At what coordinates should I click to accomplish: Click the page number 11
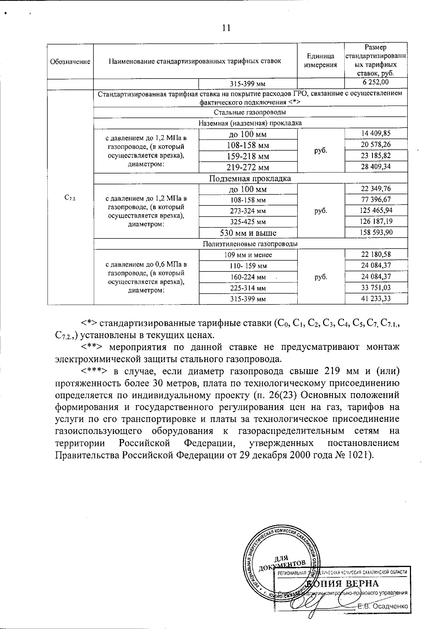click(x=226, y=28)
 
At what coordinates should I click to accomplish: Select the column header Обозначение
click(x=70, y=62)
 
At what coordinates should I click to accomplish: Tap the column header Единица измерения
click(x=320, y=61)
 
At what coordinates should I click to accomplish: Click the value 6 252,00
click(x=376, y=82)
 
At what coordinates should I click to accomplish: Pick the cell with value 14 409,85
click(x=376, y=134)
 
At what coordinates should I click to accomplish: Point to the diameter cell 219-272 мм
click(x=248, y=168)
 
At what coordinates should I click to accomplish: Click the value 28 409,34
click(x=376, y=167)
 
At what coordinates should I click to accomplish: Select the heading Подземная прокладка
click(x=250, y=179)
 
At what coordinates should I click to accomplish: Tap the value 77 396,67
click(x=376, y=200)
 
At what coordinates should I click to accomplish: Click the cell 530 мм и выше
click(x=248, y=233)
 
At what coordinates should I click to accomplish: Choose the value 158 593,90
click(x=376, y=233)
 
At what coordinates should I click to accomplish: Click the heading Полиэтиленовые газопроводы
click(x=250, y=244)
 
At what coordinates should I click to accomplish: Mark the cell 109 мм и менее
click(x=248, y=255)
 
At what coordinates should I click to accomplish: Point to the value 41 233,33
click(x=376, y=299)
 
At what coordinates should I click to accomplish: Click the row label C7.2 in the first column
click(x=70, y=198)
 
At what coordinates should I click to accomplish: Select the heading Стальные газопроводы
click(x=250, y=112)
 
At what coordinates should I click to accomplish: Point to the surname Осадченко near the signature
click(x=389, y=606)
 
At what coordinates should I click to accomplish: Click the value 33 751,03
click(x=376, y=288)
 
